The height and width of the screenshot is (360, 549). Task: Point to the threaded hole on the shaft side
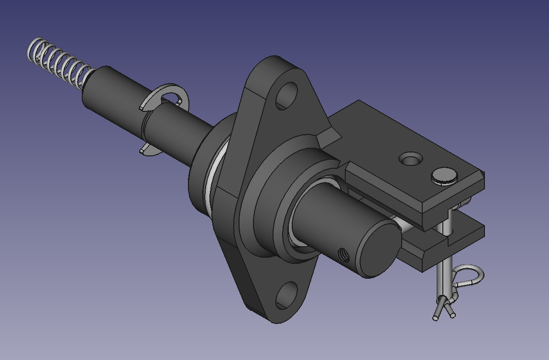(x=342, y=255)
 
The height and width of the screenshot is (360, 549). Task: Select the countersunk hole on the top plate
(x=410, y=159)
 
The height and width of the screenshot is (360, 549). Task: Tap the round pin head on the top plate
(x=444, y=175)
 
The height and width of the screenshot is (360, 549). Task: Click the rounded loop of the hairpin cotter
(x=472, y=275)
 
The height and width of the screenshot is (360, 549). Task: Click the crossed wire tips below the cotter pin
(x=443, y=308)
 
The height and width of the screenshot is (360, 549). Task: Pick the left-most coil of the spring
(x=33, y=50)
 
